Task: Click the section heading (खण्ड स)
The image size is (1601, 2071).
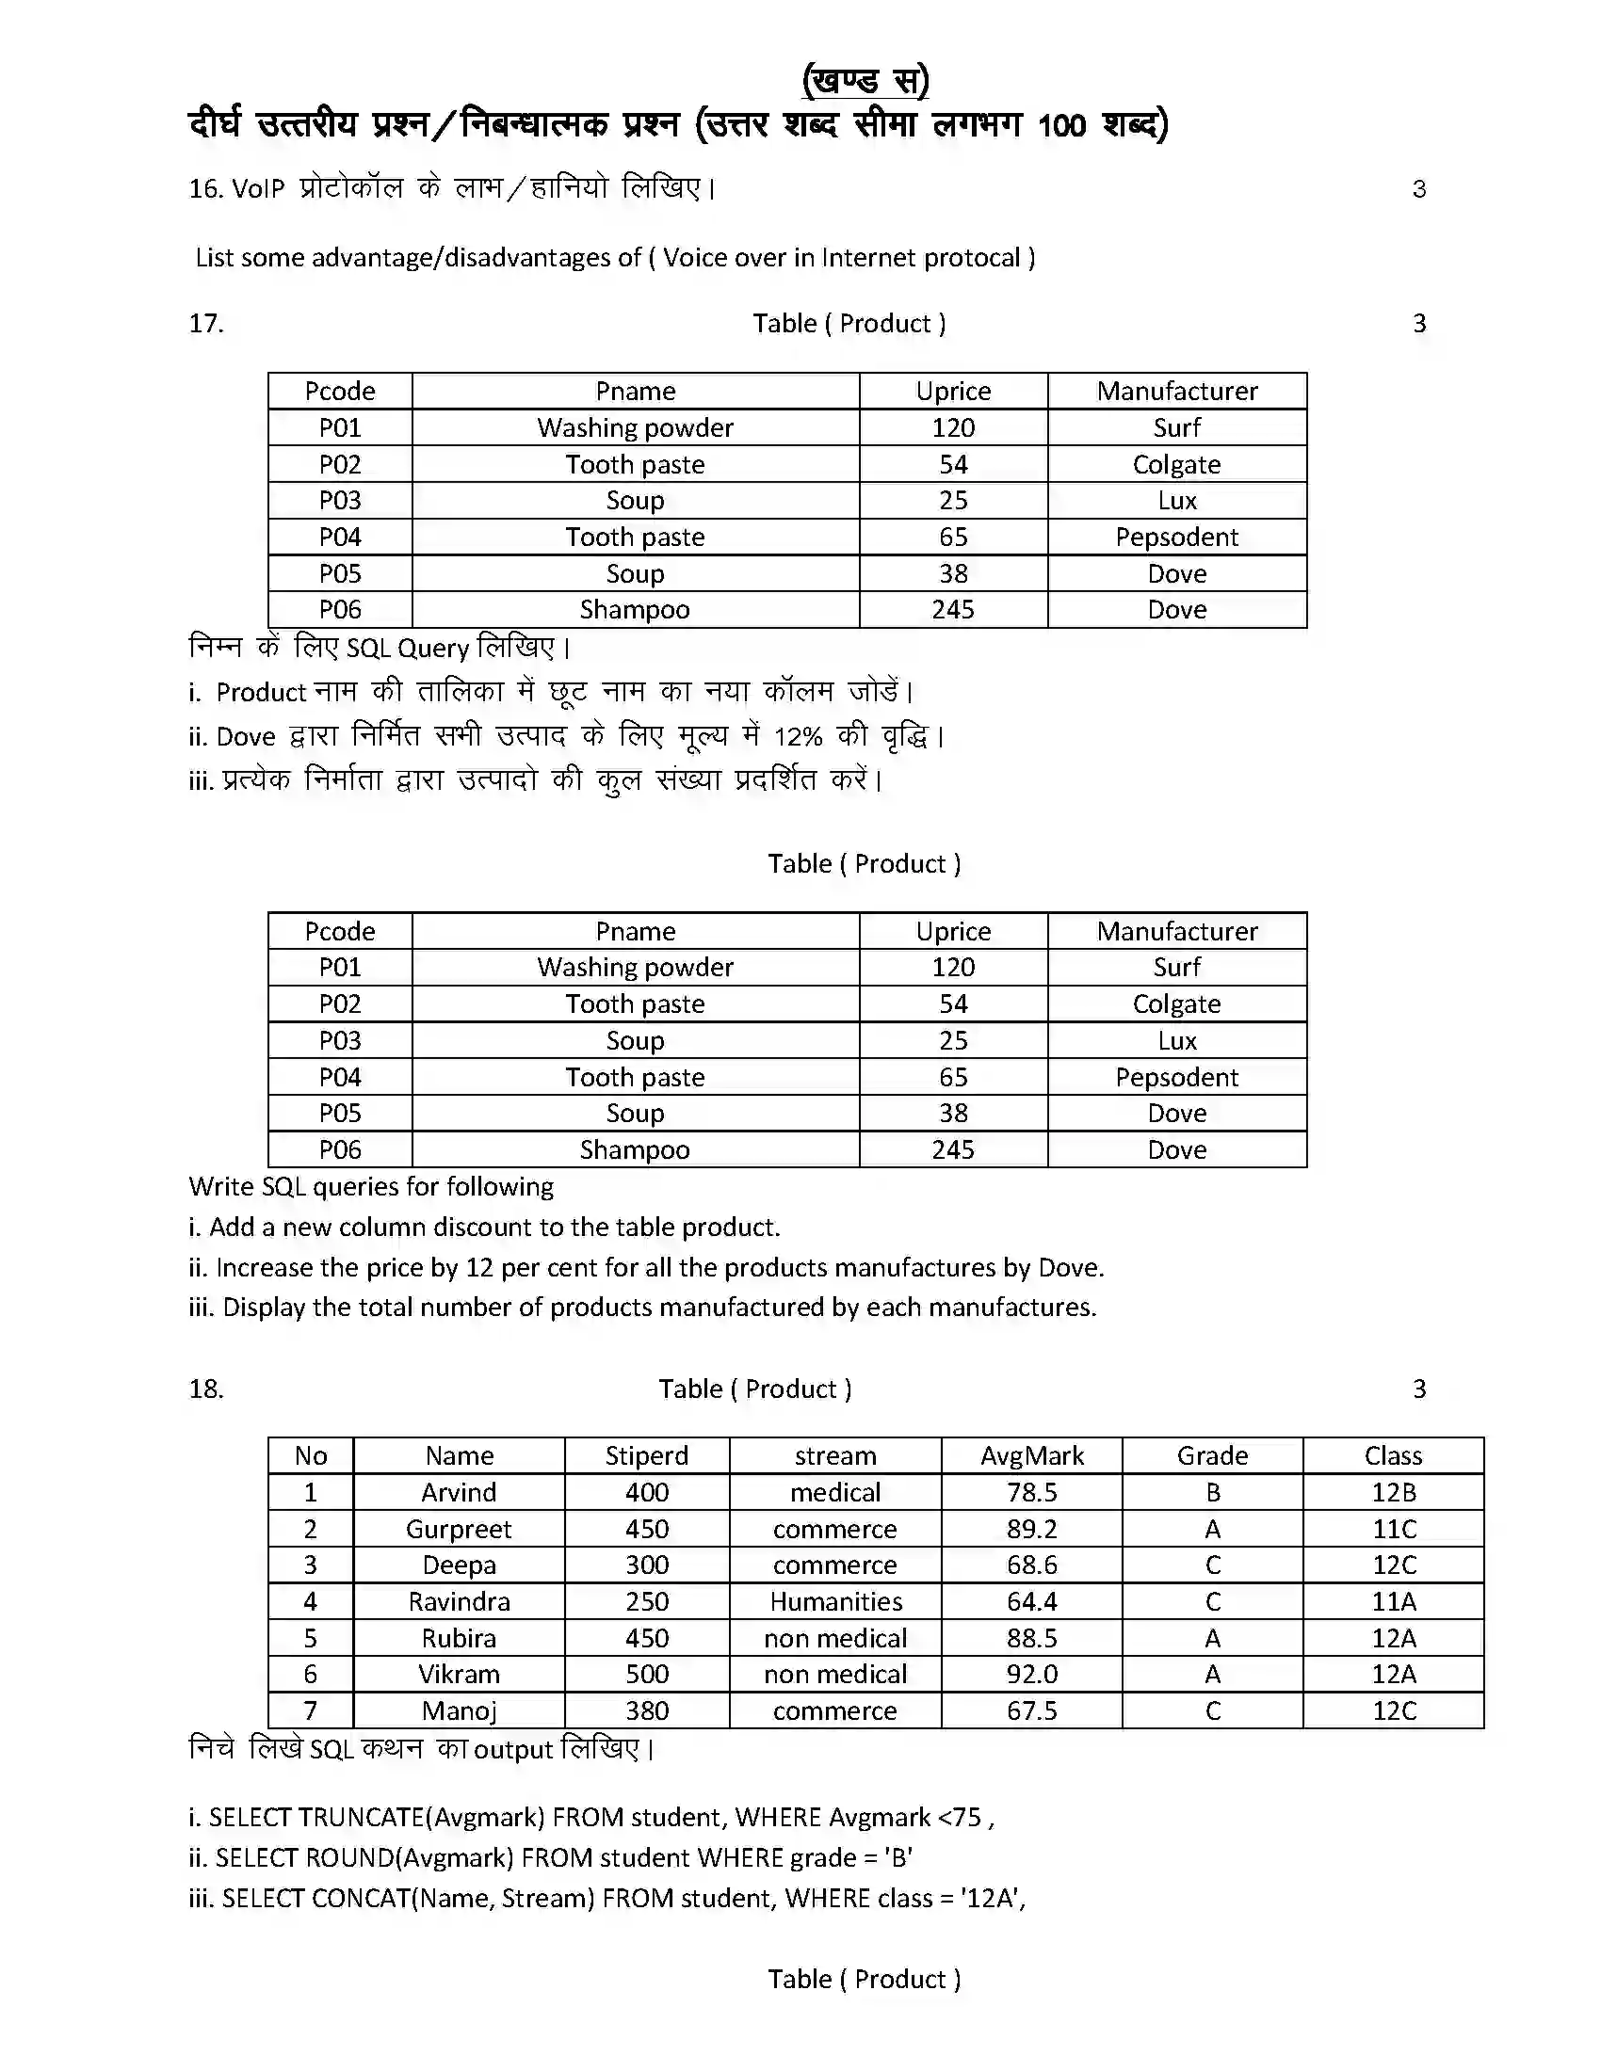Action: [864, 80]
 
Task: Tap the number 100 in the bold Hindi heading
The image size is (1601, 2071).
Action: [1061, 125]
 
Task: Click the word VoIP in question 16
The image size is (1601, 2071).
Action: [258, 188]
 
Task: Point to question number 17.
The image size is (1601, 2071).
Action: [206, 323]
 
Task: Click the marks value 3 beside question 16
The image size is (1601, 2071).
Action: [1418, 188]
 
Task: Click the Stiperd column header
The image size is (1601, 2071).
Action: [646, 1455]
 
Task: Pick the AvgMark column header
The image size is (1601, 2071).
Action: [1031, 1455]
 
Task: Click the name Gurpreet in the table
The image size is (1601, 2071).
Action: [458, 1529]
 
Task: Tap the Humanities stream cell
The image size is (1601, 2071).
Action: [834, 1601]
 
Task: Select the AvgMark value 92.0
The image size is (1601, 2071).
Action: [1031, 1675]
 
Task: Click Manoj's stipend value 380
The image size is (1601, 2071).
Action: [646, 1710]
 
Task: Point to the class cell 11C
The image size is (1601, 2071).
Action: [1392, 1529]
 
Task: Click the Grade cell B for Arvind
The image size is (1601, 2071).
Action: [1212, 1493]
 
